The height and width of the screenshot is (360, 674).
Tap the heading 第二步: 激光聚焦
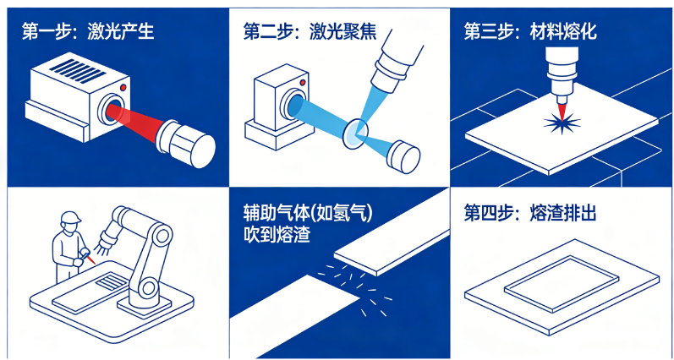pos(309,33)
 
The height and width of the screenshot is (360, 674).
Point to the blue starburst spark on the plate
pos(559,124)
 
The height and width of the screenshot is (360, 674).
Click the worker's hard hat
pos(70,218)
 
